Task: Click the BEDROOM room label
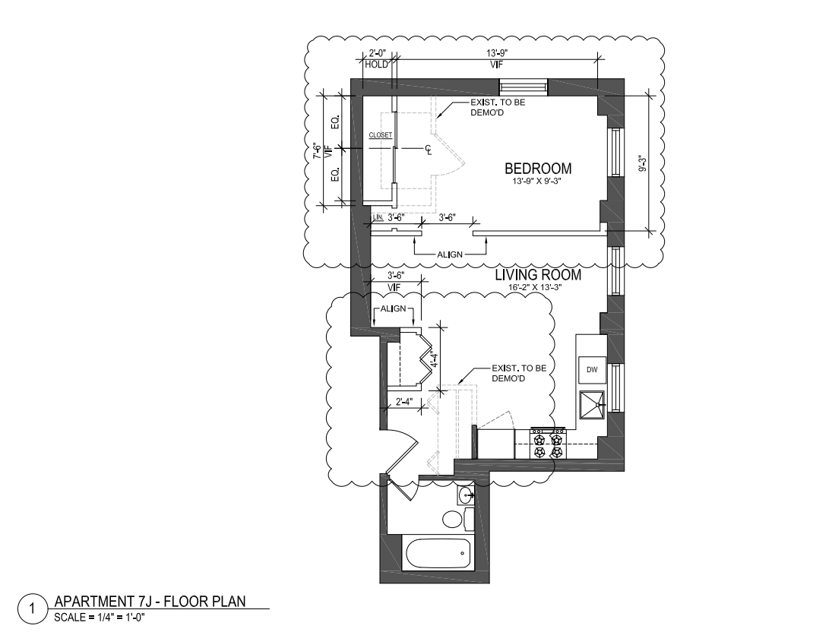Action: pos(538,169)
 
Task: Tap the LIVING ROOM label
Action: pos(538,274)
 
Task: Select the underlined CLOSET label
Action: pos(380,135)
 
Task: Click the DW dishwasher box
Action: pos(592,370)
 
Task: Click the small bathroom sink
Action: pos(467,496)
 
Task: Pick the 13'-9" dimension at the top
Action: pos(497,53)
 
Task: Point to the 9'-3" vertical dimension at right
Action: pos(642,164)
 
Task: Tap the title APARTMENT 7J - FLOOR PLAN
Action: pos(150,602)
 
